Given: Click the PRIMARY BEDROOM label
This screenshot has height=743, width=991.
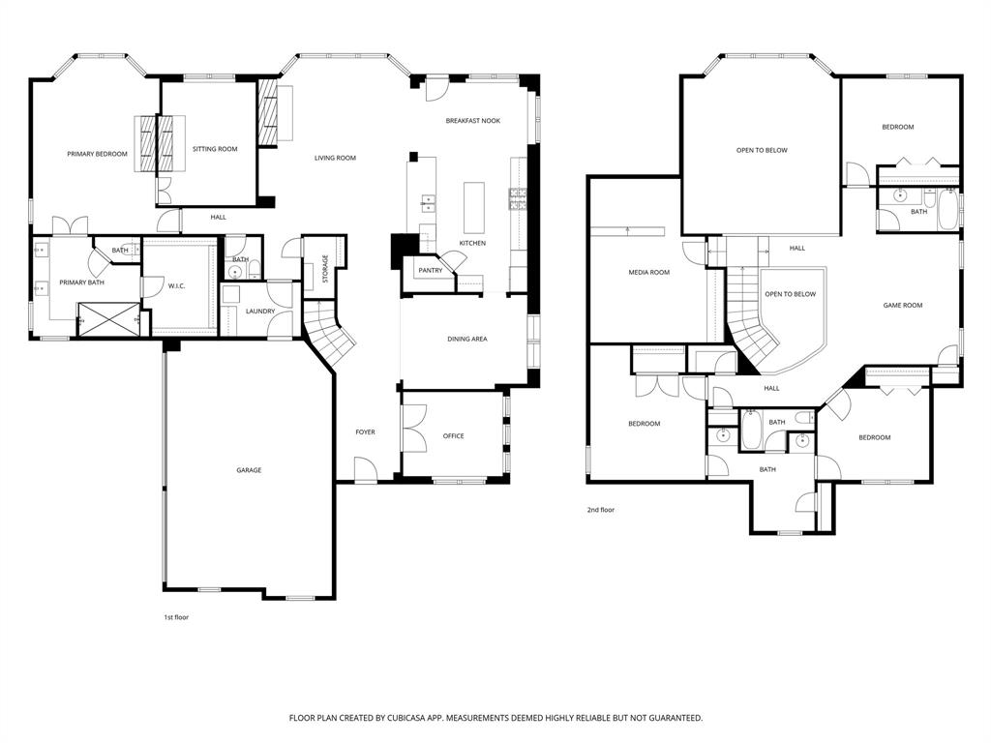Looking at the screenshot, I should coord(97,154).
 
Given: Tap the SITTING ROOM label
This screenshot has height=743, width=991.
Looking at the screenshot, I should coord(215,149).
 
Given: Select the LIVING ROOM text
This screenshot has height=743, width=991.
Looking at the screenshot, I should coord(335,158).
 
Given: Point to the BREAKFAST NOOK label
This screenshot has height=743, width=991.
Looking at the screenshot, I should coord(472,121).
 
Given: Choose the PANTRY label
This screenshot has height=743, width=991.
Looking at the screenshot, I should coord(431,271).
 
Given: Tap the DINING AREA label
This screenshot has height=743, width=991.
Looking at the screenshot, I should coord(466,339).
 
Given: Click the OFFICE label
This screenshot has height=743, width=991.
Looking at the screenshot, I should coord(453,436).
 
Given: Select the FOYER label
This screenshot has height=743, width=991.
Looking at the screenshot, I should coord(365,432).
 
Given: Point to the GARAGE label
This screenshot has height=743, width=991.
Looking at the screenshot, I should coord(249,470).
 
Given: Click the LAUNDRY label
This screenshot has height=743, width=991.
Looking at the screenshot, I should coord(259,312).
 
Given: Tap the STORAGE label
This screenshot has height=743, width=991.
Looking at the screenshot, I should coord(325,268).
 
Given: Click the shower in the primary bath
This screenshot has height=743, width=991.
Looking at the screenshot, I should coord(108,317).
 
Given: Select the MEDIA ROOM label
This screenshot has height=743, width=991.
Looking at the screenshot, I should coord(648,273).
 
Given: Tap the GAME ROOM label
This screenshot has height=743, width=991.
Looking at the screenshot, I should coord(902,306).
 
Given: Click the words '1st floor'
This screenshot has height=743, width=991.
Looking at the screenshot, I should coord(176,617).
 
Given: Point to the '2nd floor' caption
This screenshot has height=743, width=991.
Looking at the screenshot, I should coord(600,510).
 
